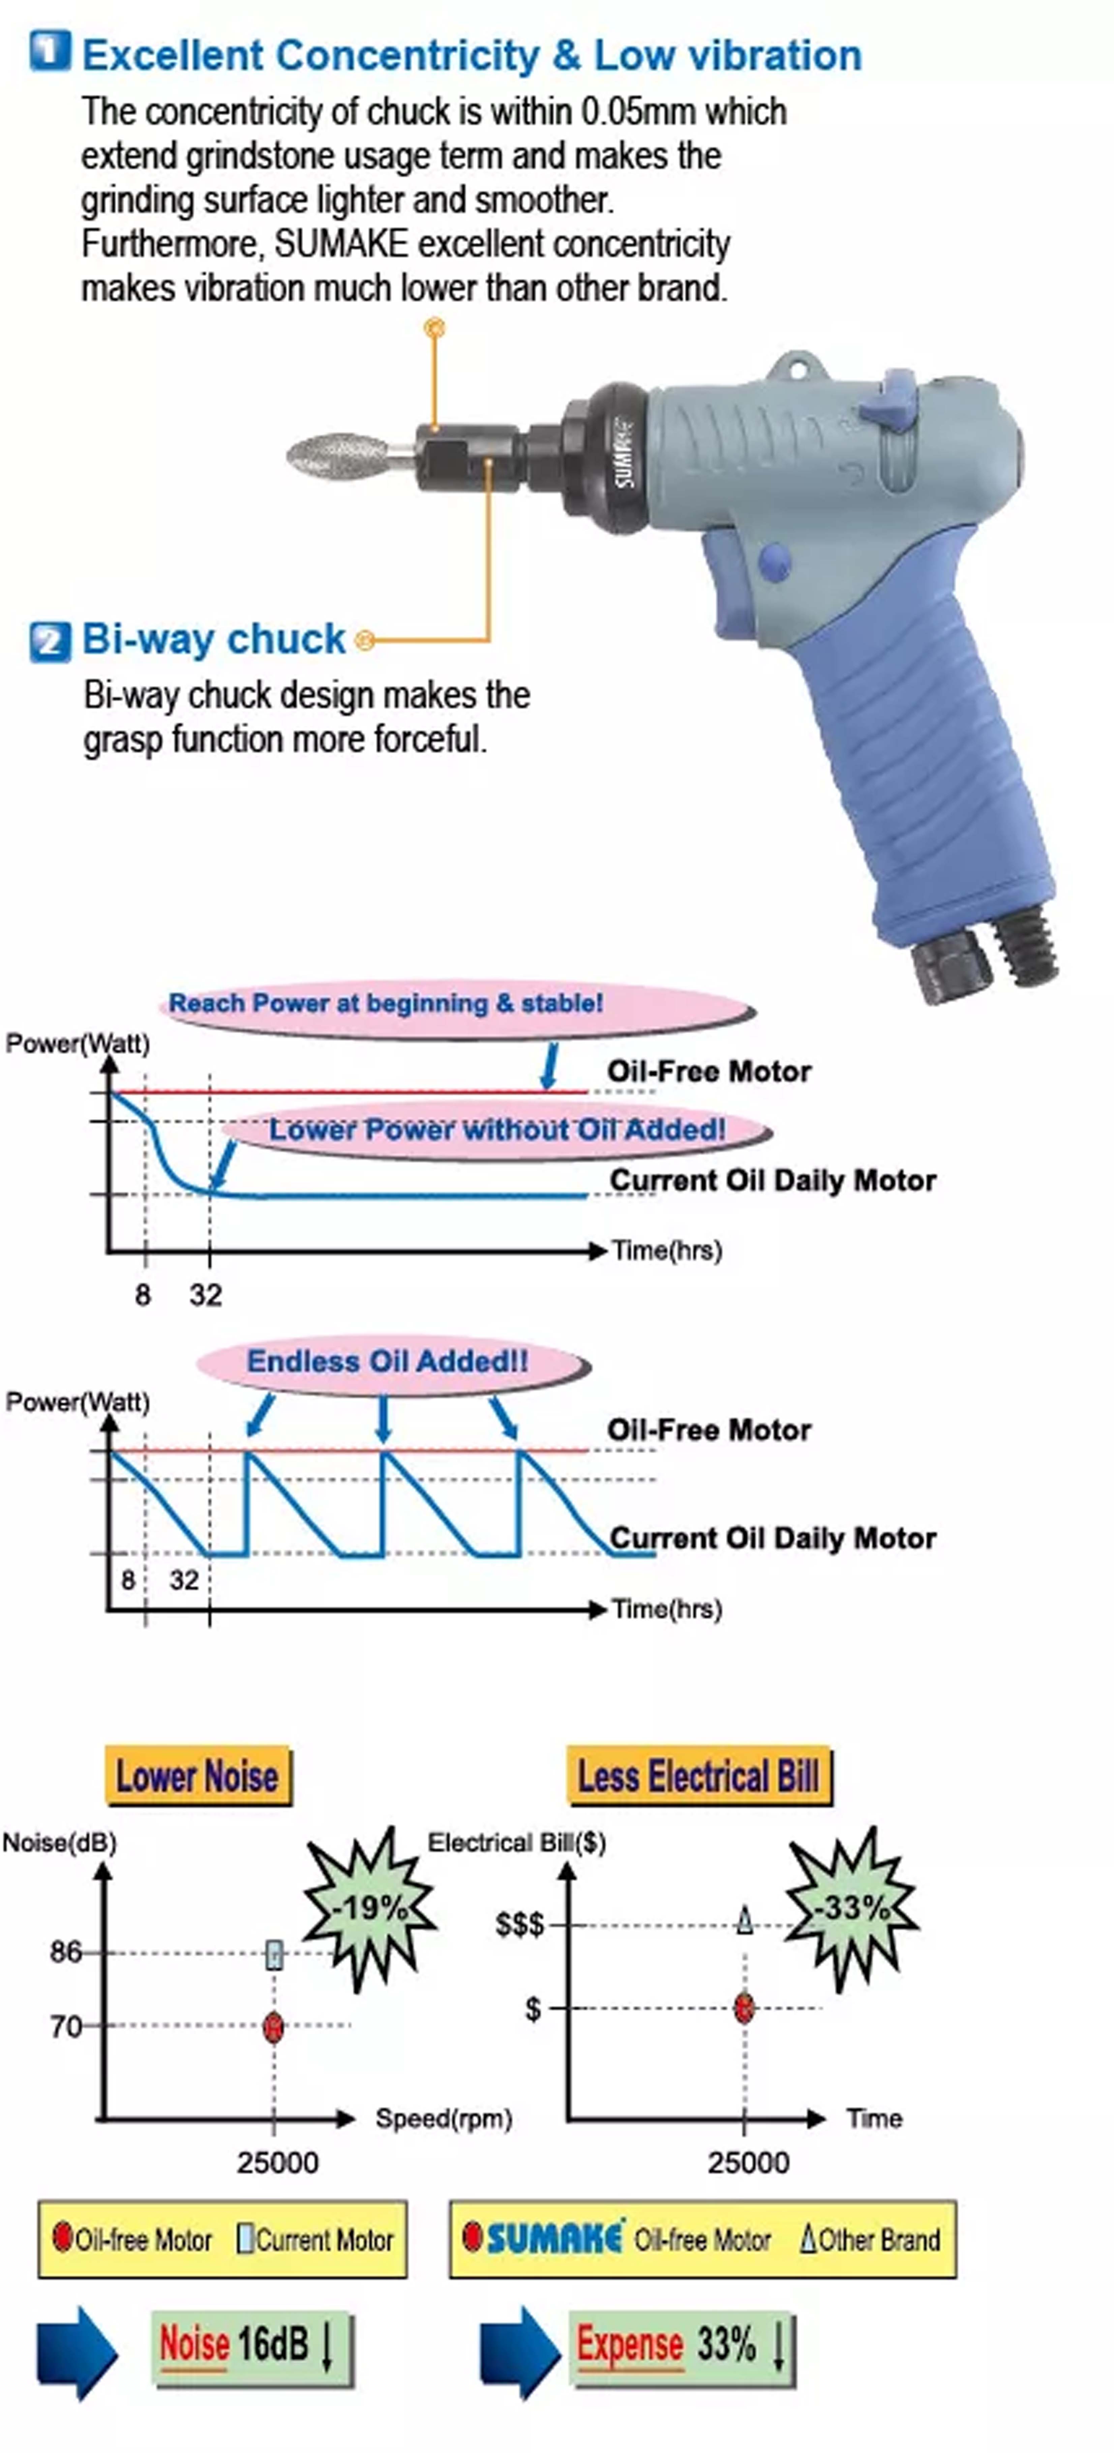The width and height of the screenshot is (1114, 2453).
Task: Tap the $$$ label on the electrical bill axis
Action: [x=520, y=1925]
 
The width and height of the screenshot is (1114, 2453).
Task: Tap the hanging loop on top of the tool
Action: [x=794, y=366]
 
